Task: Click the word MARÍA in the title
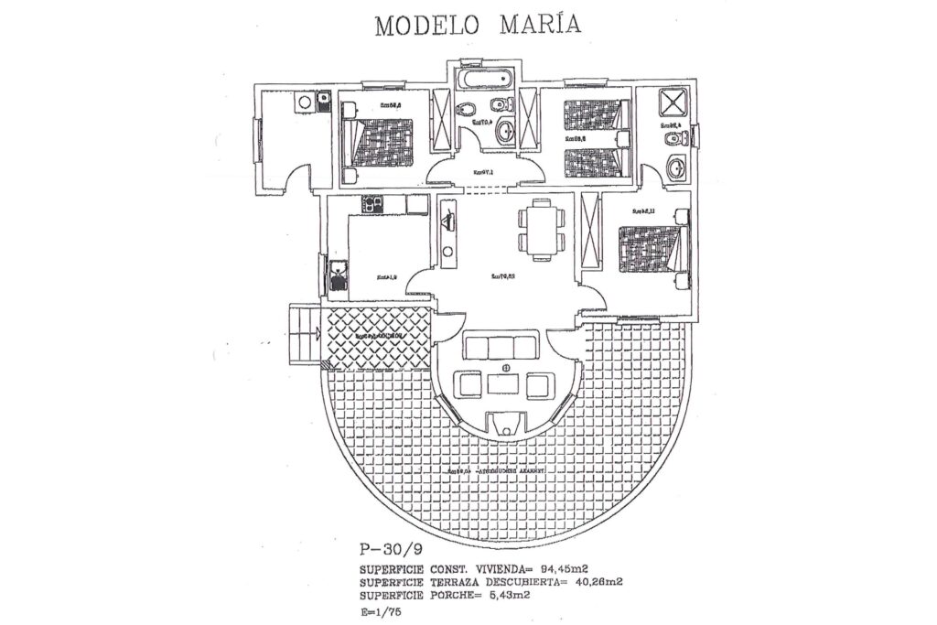click(x=540, y=24)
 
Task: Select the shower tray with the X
click(x=675, y=101)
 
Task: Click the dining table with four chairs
click(x=536, y=230)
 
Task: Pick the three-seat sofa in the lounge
click(x=501, y=347)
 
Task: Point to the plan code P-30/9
click(x=391, y=551)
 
